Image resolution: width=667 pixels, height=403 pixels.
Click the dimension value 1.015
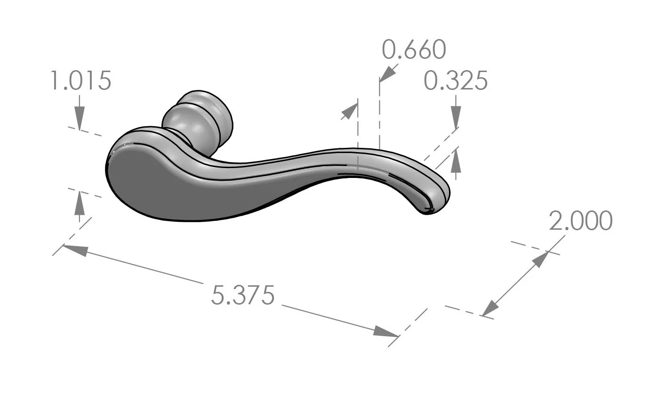(x=80, y=81)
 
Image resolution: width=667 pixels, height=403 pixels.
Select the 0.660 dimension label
(x=413, y=49)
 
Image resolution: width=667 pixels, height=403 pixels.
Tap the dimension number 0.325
(x=455, y=81)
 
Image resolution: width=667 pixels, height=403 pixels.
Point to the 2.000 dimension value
(x=580, y=221)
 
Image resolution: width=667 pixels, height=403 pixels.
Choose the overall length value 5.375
(x=242, y=296)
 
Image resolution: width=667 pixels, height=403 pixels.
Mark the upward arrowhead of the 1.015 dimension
(x=80, y=202)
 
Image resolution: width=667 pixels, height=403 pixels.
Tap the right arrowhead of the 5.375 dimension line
(x=386, y=331)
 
